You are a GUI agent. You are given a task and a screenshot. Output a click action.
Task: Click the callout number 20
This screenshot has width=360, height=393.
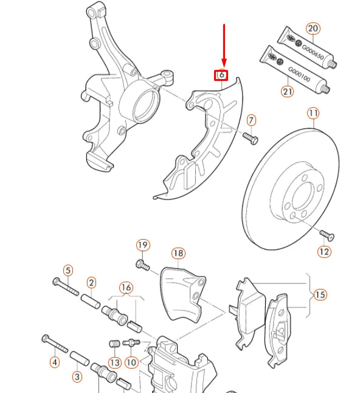coord(313,29)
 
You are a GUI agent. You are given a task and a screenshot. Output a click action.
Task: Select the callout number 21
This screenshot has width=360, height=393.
coord(288,91)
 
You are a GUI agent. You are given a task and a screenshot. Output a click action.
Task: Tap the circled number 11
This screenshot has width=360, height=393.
coord(313,113)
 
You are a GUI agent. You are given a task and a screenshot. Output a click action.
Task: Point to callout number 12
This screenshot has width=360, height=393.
coord(324,251)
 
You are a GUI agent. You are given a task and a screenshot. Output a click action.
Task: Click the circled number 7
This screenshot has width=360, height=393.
coord(252,120)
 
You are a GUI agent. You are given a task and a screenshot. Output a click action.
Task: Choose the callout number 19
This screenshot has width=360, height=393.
coord(143,245)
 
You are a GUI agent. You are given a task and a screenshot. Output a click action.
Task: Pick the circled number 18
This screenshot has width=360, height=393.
coord(178,253)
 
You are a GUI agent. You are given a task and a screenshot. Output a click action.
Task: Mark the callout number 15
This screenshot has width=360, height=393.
coord(320,294)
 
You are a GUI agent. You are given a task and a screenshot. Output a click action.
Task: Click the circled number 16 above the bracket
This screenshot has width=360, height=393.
coord(126,288)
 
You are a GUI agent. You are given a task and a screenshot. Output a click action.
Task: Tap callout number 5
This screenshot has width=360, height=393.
coord(68,271)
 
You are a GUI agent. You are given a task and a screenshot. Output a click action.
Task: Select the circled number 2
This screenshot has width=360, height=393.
coord(91,283)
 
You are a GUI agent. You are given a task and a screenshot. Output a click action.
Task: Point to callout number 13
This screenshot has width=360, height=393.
coord(115,363)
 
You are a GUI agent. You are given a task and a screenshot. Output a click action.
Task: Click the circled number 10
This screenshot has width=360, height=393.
coord(131,363)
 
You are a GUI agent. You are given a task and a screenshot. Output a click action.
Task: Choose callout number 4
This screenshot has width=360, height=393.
coord(55,362)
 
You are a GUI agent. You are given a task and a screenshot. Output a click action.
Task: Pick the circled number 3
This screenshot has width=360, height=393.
coord(77,377)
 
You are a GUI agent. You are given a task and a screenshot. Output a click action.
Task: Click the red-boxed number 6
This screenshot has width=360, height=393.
coord(221,75)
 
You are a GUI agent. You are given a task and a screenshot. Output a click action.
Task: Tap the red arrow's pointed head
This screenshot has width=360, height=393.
coord(224,67)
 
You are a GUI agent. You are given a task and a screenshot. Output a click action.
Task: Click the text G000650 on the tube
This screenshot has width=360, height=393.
coord(313,52)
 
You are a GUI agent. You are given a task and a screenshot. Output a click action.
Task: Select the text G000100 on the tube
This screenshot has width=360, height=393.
coord(299,74)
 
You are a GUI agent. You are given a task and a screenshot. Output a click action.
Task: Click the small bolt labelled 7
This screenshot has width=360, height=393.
coord(251,139)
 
